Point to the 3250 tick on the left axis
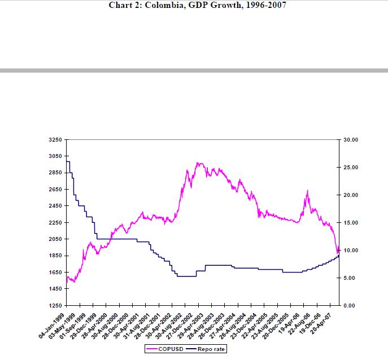click(x=55, y=139)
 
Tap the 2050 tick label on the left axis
click(x=55, y=239)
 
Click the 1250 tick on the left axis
click(x=55, y=305)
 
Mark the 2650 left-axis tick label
click(x=55, y=189)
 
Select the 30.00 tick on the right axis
click(x=351, y=139)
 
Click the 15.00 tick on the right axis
click(x=351, y=222)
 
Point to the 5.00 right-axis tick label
click(x=350, y=278)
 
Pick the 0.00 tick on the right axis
click(x=350, y=305)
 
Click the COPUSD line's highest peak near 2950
click(x=198, y=163)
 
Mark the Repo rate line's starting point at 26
click(x=67, y=161)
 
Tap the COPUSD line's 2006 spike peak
click(x=307, y=191)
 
